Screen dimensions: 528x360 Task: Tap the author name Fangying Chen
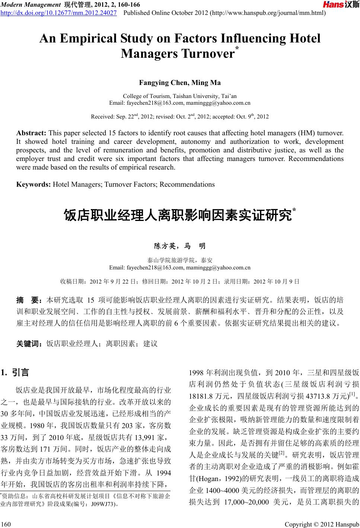pos(162,82)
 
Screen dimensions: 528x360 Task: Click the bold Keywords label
pos(34,184)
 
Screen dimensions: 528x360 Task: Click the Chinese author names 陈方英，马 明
pos(180,246)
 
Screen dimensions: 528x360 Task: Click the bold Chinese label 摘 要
pos(30,300)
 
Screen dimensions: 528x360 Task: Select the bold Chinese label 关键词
pos(30,344)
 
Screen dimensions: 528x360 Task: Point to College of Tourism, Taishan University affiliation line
pos(180,96)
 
